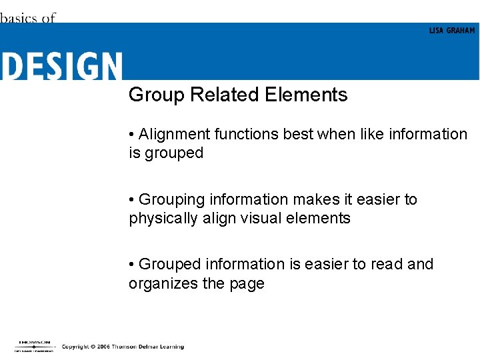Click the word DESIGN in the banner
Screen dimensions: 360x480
coord(61,66)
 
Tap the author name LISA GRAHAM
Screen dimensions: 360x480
coord(452,31)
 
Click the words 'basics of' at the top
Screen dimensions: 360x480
coord(27,18)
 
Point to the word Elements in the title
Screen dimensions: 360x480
coord(306,95)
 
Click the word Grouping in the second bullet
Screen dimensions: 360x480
coord(172,199)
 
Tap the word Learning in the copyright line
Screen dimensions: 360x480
coord(170,347)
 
